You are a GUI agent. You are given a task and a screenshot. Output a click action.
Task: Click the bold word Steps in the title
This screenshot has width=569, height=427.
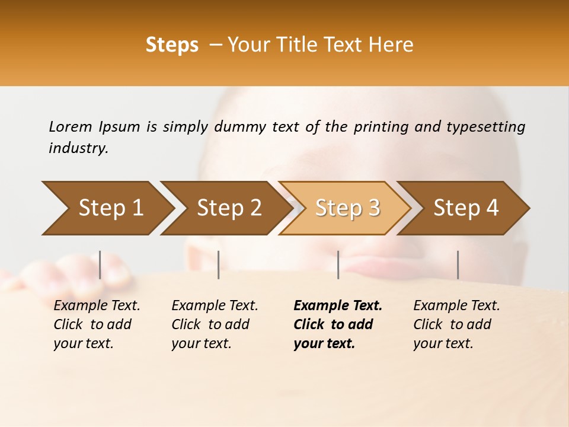point(172,45)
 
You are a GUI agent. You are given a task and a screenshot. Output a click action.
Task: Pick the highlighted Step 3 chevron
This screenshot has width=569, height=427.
point(347,208)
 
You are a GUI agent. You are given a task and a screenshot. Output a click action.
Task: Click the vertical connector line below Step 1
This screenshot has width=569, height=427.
point(100,265)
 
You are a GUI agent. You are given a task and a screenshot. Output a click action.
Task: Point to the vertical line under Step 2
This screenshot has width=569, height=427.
point(219,265)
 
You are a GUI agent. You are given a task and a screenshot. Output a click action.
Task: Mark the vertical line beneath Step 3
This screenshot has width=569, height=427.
point(338,265)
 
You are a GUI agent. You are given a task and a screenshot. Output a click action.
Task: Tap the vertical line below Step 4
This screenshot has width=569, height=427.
point(458,265)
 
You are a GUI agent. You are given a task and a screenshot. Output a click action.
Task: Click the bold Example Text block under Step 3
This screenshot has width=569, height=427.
point(338,324)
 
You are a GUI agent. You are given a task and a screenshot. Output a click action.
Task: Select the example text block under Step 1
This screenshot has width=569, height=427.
point(97,324)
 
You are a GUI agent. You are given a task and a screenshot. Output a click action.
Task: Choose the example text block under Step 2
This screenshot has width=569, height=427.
point(215,324)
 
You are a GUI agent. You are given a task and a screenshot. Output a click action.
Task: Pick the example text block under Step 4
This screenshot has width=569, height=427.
point(456,324)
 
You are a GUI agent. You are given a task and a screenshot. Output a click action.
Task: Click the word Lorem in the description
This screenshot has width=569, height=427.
point(71,126)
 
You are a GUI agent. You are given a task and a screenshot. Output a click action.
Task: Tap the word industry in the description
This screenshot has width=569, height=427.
point(78,148)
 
